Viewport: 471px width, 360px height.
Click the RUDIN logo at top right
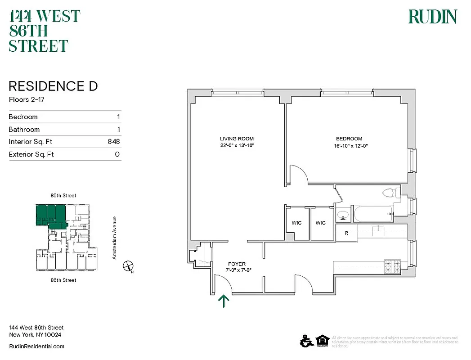(432, 17)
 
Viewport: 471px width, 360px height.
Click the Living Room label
(237, 139)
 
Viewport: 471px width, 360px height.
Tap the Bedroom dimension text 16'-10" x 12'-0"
(349, 145)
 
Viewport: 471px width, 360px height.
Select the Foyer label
(237, 264)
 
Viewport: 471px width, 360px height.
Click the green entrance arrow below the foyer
(224, 301)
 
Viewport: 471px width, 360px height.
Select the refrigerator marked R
(346, 233)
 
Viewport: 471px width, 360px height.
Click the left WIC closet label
(296, 223)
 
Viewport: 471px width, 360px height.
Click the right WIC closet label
(320, 223)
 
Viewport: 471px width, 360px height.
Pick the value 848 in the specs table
(113, 142)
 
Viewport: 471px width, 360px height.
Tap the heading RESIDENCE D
(53, 86)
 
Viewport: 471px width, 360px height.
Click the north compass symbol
(128, 266)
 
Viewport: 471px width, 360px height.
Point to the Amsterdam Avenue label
(115, 238)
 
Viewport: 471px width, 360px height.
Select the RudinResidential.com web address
(36, 346)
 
